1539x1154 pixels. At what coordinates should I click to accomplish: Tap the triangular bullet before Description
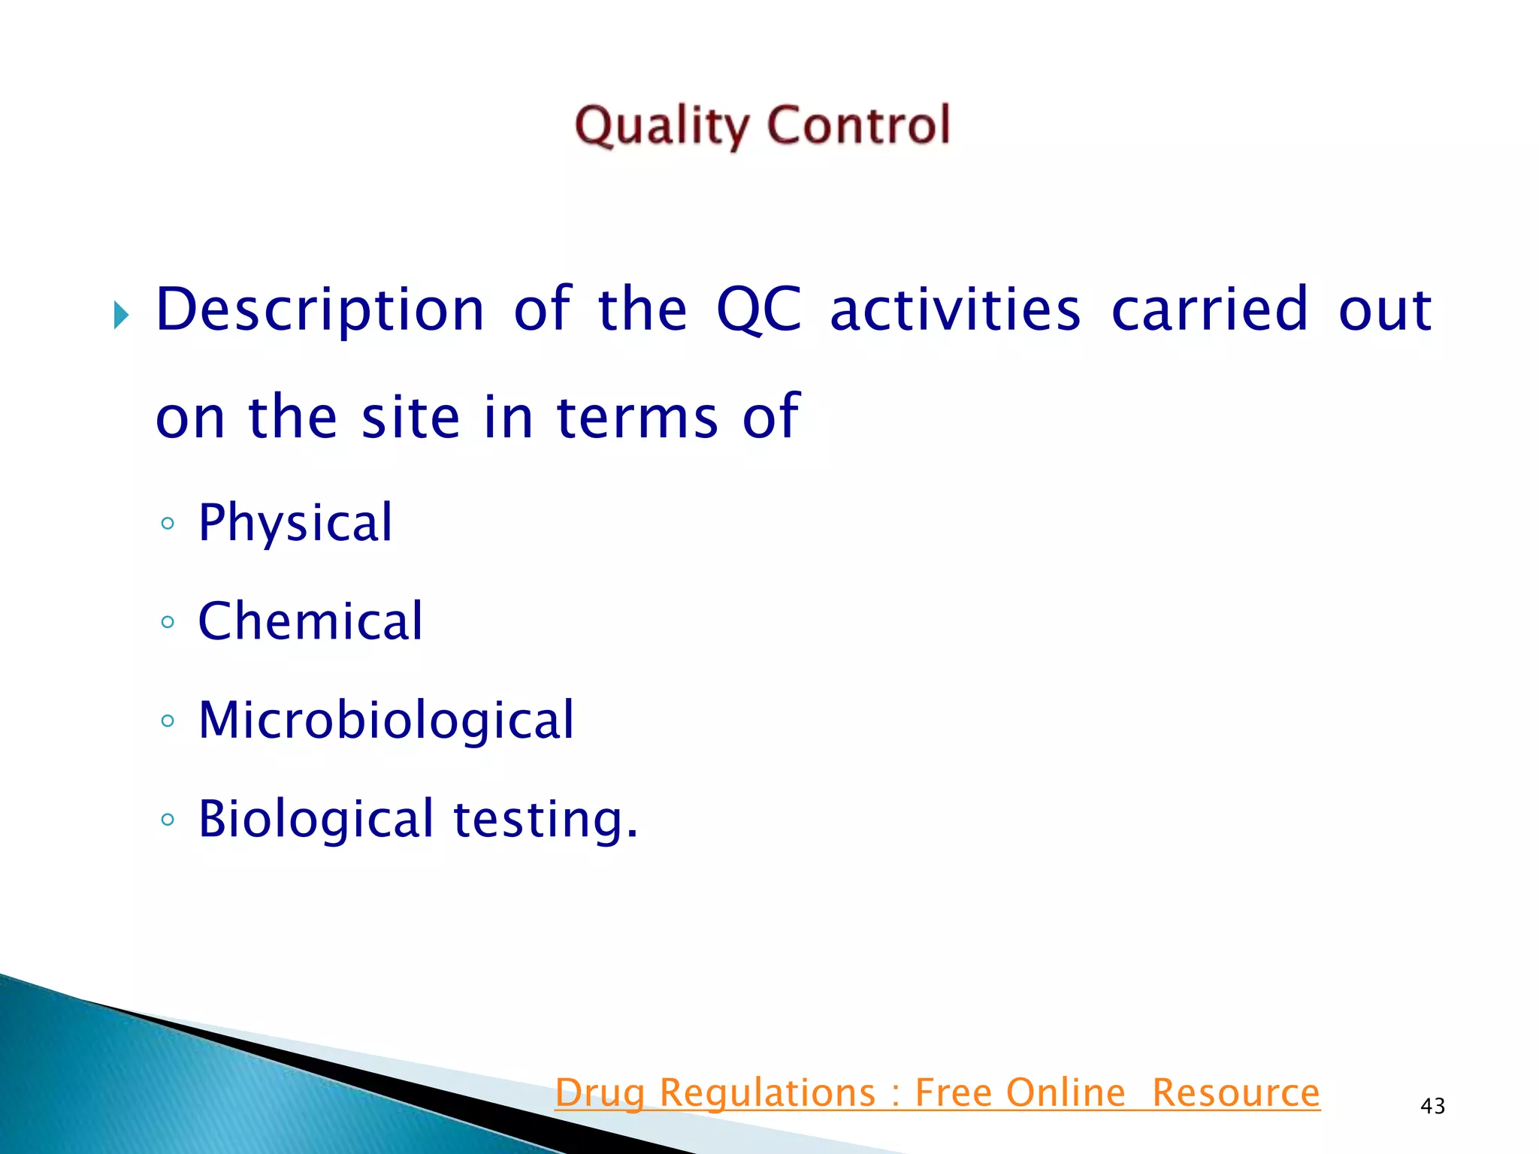click(x=120, y=315)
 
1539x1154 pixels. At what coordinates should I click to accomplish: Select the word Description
click(x=320, y=310)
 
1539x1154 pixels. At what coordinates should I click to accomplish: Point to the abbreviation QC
click(x=758, y=310)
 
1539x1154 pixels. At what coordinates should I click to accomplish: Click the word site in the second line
click(x=410, y=417)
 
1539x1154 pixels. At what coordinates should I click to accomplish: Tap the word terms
click(x=636, y=417)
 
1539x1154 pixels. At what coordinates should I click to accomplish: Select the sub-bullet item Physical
click(x=295, y=523)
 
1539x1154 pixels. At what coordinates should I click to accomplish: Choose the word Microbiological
click(x=386, y=720)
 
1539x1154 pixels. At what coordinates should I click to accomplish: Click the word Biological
click(x=316, y=819)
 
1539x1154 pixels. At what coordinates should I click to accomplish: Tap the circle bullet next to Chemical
click(x=168, y=622)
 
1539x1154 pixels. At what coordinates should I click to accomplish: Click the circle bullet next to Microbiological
click(x=168, y=721)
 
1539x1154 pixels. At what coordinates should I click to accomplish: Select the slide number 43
click(x=1432, y=1106)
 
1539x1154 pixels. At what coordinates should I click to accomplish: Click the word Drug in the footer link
click(x=599, y=1093)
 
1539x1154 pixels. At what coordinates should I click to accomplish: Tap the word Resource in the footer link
click(x=1235, y=1093)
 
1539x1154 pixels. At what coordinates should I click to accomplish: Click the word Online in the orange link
click(x=1066, y=1093)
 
